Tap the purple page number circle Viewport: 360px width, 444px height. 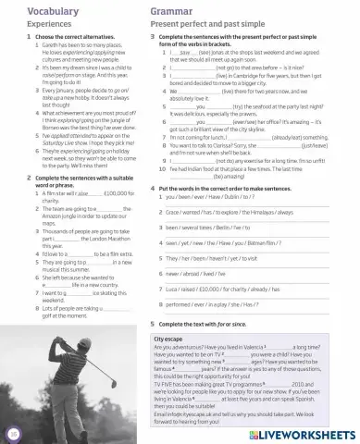click(x=11, y=431)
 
